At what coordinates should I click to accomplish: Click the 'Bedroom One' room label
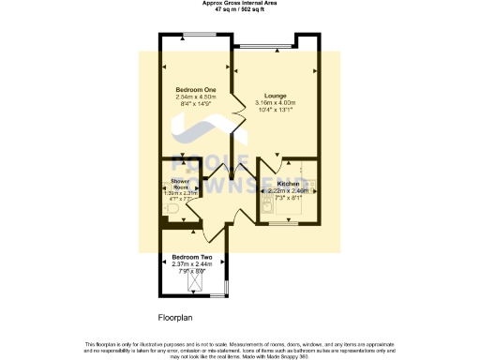[x=196, y=89]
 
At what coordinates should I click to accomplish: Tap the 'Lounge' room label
[x=275, y=96]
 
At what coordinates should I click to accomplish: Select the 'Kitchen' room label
[x=288, y=184]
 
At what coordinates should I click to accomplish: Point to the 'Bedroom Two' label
[x=192, y=256]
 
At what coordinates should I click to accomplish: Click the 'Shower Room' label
[x=180, y=182]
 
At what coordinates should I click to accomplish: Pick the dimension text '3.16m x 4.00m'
[x=275, y=103]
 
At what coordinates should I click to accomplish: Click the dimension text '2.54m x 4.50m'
[x=196, y=97]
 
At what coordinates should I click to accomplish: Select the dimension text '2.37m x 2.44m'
[x=192, y=263]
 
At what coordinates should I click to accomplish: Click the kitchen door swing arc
[x=277, y=165]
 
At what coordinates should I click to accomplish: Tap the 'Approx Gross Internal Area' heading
[x=239, y=3]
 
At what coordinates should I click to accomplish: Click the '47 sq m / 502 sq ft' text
[x=239, y=9]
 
